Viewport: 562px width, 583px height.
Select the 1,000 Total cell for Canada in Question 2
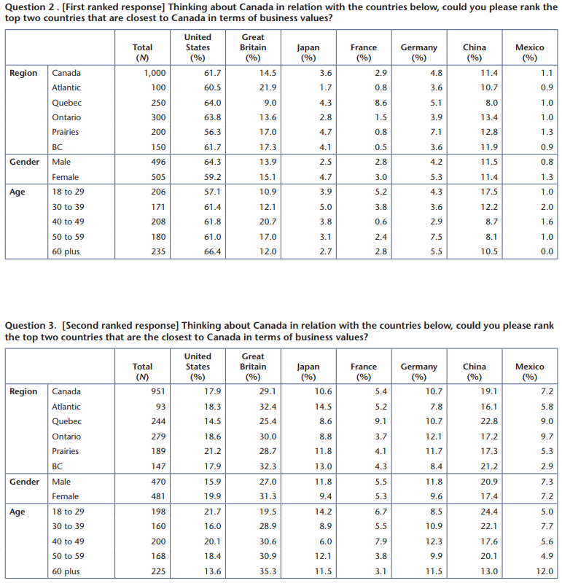155,73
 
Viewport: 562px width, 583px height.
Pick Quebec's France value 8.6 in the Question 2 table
381,103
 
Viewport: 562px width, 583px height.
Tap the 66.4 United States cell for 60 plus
212,251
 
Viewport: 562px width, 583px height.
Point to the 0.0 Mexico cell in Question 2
547,251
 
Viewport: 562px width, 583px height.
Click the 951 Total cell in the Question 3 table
158,391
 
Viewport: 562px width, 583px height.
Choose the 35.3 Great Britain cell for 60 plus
268,571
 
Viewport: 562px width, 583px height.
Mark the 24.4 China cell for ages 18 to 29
489,512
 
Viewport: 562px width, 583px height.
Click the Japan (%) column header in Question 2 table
308,52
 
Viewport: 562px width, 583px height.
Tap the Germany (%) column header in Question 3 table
419,372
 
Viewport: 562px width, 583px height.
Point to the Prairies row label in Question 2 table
66,132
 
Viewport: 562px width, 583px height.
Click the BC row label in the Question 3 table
58,466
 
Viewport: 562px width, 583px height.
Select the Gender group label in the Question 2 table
25,162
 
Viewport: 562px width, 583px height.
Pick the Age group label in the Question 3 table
17,512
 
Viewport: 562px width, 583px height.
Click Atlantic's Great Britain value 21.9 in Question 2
268,87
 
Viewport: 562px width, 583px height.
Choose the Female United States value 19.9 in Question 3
212,496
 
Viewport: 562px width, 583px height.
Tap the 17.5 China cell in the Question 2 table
489,192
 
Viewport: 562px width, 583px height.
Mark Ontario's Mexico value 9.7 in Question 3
547,437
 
